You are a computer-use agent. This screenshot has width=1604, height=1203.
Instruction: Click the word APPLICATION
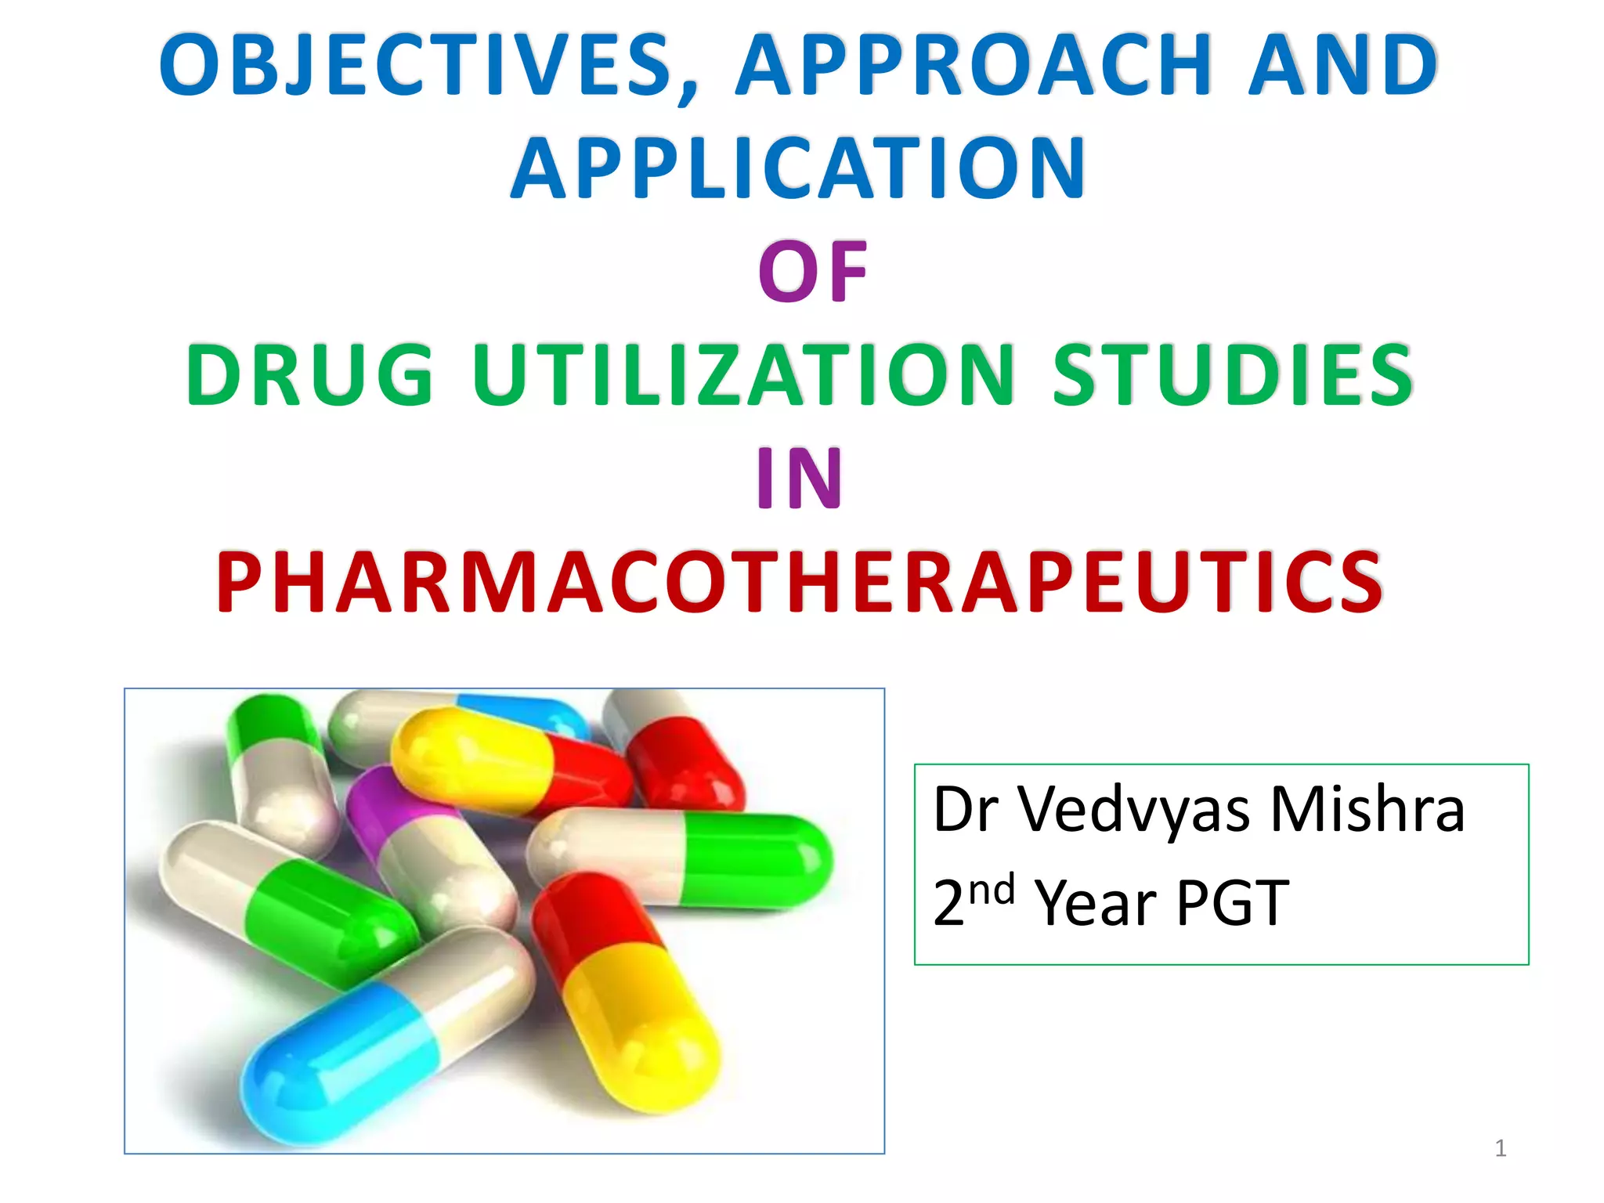pos(799,169)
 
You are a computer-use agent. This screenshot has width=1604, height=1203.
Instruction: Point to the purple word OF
pos(813,273)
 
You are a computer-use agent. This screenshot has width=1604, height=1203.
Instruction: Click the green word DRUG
pos(310,376)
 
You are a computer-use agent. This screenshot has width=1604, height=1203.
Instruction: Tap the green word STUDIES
pos(1233,376)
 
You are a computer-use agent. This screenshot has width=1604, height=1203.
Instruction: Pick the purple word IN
pos(799,479)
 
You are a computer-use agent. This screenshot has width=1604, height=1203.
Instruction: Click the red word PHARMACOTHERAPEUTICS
pos(799,583)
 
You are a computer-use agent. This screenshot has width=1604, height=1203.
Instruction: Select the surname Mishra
pos(1367,810)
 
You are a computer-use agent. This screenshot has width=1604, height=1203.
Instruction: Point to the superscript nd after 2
pos(992,891)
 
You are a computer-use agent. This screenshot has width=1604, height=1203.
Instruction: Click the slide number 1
pos(1500,1148)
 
